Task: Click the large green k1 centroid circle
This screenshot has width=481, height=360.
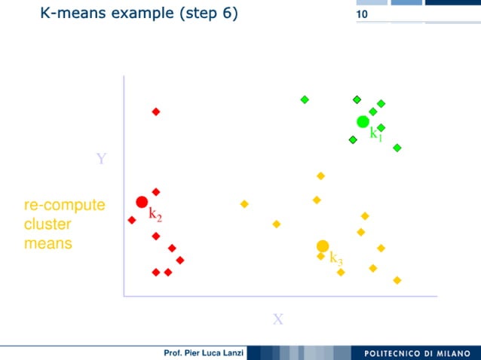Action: point(363,122)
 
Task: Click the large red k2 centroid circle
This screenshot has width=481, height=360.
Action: point(142,202)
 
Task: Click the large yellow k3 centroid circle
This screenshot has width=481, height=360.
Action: point(323,246)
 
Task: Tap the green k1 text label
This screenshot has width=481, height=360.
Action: point(375,135)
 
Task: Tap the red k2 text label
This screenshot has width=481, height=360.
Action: point(155,214)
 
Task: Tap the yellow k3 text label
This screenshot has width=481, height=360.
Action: point(336,260)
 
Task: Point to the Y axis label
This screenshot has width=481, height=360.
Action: point(102,159)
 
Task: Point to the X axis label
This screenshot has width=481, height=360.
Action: point(278,319)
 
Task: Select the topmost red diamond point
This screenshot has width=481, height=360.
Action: point(156,111)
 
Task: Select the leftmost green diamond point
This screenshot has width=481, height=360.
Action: point(305,99)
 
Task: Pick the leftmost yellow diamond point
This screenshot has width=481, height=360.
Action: point(244,204)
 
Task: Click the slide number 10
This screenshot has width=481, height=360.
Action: point(363,15)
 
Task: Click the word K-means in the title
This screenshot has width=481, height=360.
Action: point(72,13)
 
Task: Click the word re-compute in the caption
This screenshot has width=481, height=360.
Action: point(64,206)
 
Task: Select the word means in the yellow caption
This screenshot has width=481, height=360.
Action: point(48,243)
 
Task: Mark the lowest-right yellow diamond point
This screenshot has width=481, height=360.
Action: point(397,280)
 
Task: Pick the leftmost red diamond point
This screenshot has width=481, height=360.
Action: point(132,220)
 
